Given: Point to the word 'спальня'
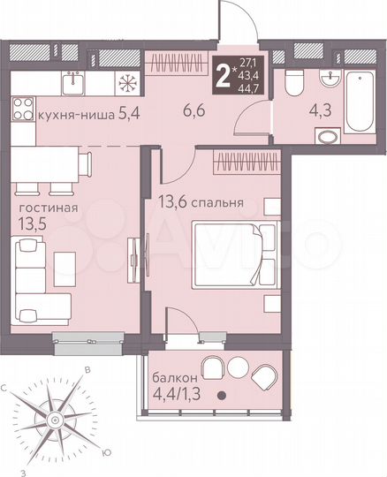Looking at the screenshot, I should tap(219, 201).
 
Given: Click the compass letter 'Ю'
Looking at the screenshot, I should tap(106, 452).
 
